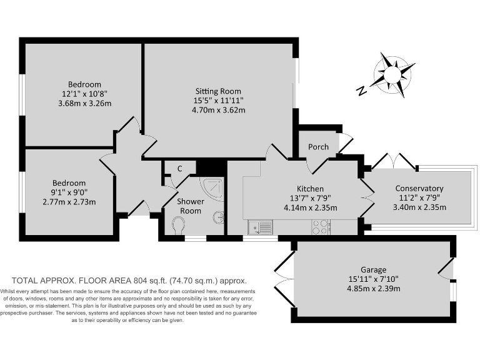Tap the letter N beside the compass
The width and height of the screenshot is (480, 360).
(x=361, y=91)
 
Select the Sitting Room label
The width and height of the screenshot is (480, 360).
(x=218, y=91)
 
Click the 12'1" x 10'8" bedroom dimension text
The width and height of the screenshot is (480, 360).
(x=84, y=94)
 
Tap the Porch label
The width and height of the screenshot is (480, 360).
(x=318, y=147)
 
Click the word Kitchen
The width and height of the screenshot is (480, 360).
(x=310, y=189)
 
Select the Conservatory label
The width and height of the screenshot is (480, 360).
(x=419, y=188)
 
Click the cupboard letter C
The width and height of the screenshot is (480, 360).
(x=179, y=169)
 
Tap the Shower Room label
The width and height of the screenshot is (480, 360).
(x=191, y=206)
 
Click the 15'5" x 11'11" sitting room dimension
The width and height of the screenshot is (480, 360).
(x=218, y=100)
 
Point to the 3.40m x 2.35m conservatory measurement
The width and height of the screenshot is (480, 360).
(x=419, y=207)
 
